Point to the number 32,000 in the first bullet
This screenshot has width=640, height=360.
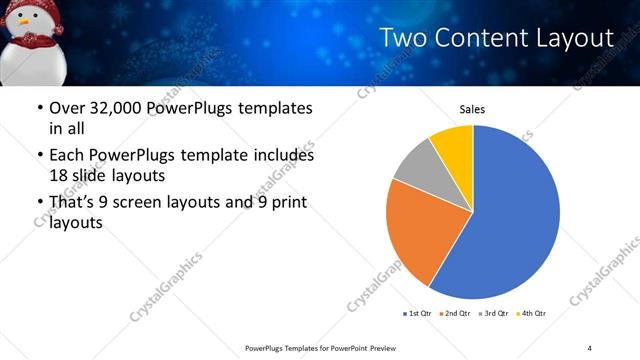(x=105, y=108)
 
